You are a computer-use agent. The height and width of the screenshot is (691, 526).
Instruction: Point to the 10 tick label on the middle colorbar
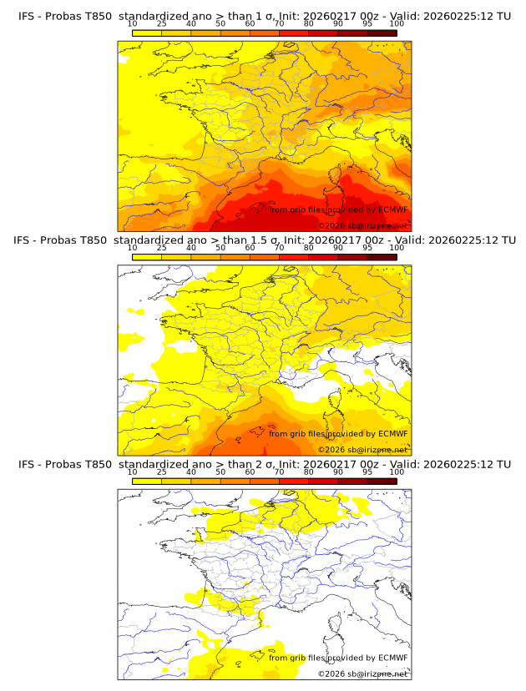point(132,247)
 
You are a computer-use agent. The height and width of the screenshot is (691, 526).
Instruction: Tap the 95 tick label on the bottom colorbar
point(367,472)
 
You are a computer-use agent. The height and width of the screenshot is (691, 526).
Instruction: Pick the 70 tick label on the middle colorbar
point(279,247)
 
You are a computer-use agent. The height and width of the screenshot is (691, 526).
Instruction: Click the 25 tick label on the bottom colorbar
point(161,472)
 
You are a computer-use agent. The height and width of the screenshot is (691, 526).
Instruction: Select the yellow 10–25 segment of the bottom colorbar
point(146,482)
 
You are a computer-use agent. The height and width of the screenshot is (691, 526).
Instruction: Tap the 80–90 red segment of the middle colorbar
point(323,256)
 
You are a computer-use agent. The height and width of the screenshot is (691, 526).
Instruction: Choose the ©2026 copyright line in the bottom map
point(362,673)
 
